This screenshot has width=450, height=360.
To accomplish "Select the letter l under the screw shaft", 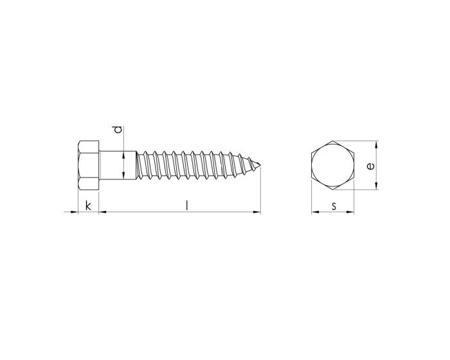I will coord(186,205).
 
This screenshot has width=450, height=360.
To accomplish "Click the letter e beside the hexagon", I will coord(370,165).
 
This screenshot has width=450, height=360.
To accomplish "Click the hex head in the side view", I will coord(87,165).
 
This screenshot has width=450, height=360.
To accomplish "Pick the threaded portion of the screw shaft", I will coord(193,165).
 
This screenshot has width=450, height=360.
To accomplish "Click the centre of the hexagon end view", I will coord(334,165).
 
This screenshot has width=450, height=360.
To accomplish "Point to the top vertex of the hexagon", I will coord(334,141).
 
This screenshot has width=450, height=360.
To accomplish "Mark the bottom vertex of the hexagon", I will coord(334,190).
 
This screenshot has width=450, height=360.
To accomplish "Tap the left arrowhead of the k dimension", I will coord(75,212).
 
